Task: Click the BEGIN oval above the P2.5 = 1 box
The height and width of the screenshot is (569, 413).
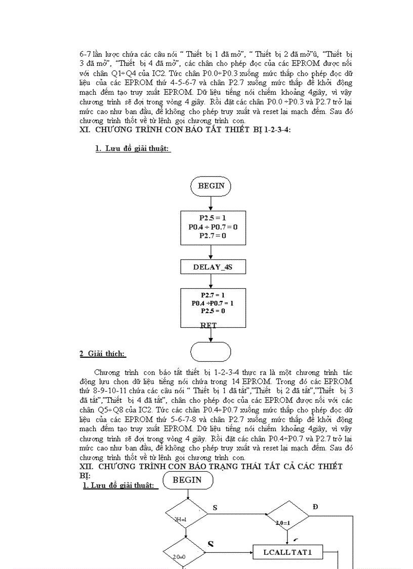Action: point(211,186)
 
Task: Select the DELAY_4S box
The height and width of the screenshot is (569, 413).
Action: point(213,267)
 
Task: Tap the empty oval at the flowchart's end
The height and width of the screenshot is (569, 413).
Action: point(211,352)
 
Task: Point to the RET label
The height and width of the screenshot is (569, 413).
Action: point(209,325)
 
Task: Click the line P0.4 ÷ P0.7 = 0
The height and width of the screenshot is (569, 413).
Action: point(213,227)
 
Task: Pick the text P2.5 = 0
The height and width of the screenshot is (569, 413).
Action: point(213,311)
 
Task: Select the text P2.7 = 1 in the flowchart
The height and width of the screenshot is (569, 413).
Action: point(213,294)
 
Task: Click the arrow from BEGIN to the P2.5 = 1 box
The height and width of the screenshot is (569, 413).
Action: point(211,203)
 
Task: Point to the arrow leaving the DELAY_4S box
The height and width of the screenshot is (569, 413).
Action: point(212,282)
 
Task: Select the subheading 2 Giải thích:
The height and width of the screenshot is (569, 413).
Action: point(103,354)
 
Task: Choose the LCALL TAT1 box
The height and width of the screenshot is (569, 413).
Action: point(287,552)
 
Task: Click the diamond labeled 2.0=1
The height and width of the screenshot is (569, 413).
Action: point(287,516)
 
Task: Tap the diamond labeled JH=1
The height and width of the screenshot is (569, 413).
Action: point(186,514)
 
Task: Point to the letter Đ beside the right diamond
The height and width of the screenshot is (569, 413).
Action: point(316,507)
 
